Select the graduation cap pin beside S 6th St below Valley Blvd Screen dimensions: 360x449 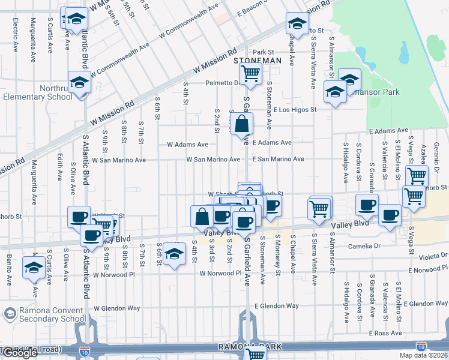coord(174,254)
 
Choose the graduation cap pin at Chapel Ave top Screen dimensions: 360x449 coord(297,24)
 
